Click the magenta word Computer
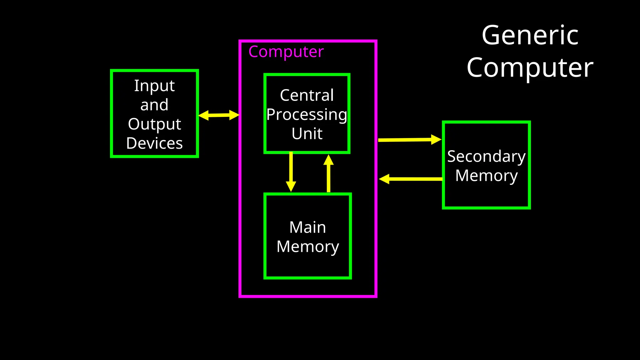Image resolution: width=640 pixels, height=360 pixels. (286, 52)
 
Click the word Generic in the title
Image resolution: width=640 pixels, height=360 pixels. (530, 35)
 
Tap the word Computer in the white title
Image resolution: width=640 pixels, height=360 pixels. (530, 68)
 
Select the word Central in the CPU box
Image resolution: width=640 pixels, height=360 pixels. (307, 95)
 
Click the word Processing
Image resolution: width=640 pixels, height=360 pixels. (307, 115)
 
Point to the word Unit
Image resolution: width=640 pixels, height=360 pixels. (307, 134)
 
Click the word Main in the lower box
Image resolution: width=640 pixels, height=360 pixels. (308, 227)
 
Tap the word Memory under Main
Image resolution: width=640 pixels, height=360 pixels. (308, 247)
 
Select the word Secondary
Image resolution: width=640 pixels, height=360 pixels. (486, 157)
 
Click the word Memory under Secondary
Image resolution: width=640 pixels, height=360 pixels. (486, 176)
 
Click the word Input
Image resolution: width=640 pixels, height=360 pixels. (154, 86)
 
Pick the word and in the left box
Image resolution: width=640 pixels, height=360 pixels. (154, 105)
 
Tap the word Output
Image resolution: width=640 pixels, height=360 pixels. (154, 124)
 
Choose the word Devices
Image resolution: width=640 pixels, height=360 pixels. (154, 143)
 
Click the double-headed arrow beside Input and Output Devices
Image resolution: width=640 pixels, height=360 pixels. (219, 115)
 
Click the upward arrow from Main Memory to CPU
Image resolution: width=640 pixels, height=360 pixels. (328, 173)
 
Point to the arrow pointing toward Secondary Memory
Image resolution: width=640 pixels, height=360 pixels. (409, 140)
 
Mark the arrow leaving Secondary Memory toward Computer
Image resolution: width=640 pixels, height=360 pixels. (411, 179)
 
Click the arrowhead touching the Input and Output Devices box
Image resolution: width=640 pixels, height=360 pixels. (203, 115)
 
